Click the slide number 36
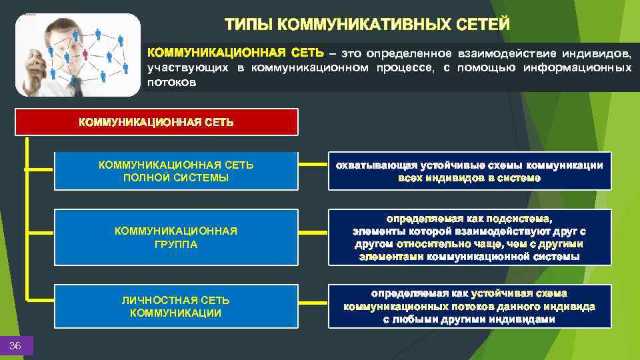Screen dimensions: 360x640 pos(15,345)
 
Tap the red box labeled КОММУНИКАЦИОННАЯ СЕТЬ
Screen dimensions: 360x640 pos(157,122)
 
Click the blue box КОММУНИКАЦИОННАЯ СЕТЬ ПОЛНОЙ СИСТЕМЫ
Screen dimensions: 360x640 pos(176,171)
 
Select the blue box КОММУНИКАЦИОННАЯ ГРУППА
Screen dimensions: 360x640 pos(176,237)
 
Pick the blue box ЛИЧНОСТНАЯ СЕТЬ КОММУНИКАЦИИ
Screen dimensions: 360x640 pos(176,306)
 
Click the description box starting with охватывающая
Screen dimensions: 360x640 pos(469,171)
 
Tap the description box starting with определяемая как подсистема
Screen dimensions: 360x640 pos(469,237)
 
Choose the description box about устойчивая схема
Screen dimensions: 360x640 pos(469,306)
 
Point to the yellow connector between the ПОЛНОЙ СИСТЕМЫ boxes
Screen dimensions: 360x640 pos(313,164)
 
